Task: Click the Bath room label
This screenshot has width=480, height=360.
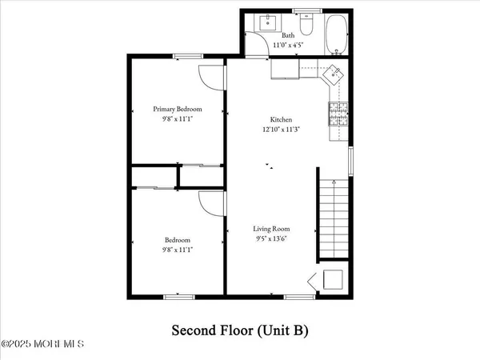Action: coord(288,35)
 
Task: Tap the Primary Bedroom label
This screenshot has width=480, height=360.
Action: coord(178,109)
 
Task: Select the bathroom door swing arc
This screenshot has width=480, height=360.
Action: coord(256,45)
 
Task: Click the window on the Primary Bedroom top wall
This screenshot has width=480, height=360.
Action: coord(188,55)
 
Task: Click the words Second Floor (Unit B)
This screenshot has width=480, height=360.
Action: coord(240,330)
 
